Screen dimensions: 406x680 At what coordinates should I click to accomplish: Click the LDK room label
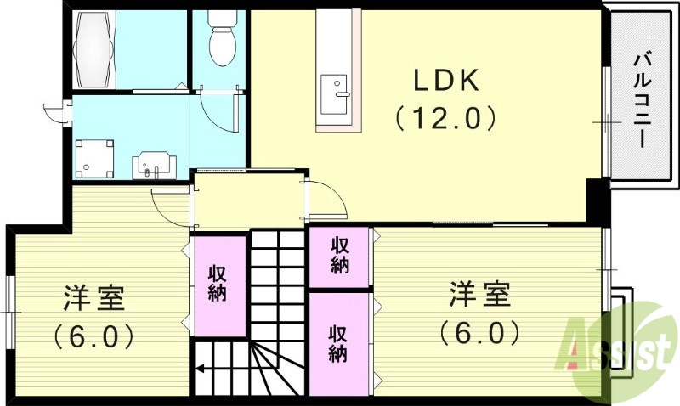tap(447, 80)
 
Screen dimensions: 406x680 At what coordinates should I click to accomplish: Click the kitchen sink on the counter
tap(336, 88)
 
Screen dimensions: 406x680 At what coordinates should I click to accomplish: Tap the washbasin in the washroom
tap(154, 163)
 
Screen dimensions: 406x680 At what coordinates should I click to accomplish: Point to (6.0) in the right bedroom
tap(480, 332)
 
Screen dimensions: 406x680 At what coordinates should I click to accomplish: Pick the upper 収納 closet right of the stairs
tap(340, 256)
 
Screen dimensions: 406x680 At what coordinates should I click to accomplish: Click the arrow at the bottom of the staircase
tap(204, 369)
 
